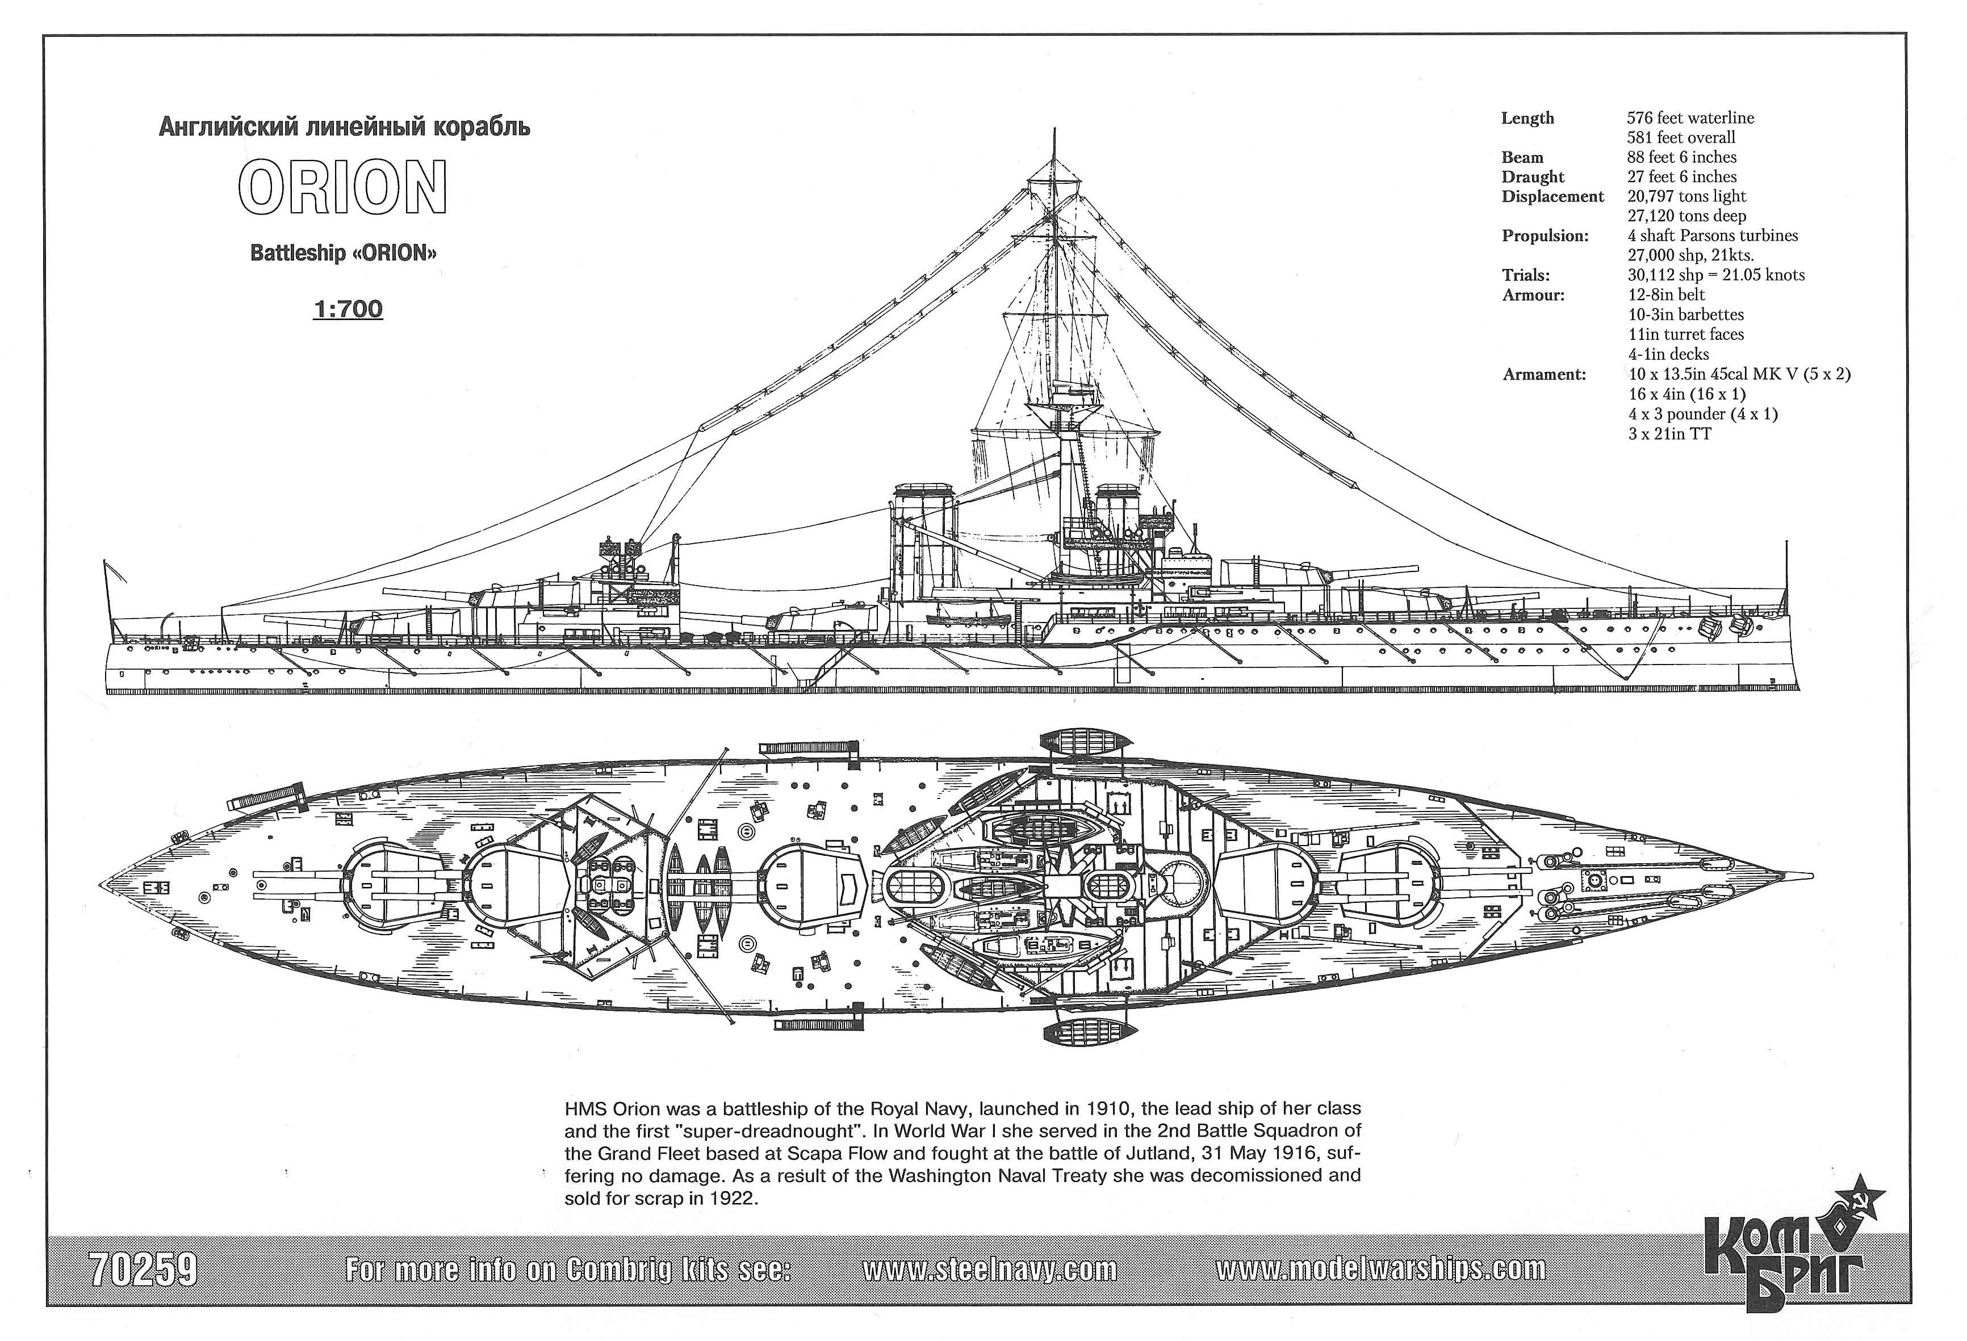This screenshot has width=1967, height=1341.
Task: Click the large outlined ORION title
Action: [x=343, y=187]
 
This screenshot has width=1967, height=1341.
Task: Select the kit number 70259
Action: [x=143, y=1269]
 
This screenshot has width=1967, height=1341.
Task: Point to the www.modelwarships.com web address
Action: [x=1380, y=1269]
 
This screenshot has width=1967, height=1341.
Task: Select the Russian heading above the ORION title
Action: [x=345, y=128]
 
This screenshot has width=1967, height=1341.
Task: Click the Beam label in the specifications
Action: [x=1522, y=157]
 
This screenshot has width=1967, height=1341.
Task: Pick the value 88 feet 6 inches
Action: [x=1682, y=157]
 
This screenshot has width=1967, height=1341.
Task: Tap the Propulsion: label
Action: [x=1546, y=236]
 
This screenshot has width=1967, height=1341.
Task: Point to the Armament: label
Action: [x=1545, y=374]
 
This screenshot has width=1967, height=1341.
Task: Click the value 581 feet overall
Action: [x=1681, y=137]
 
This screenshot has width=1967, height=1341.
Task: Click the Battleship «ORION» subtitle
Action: [x=344, y=253]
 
